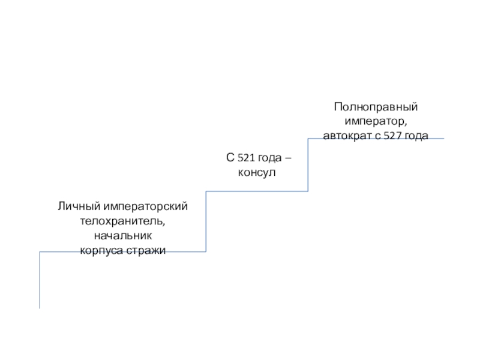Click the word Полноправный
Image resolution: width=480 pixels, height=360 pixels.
coord(376,107)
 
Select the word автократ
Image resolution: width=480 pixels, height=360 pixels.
coord(345,136)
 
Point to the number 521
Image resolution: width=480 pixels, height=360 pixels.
coord(247,158)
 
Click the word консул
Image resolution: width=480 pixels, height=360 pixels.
coord(256,173)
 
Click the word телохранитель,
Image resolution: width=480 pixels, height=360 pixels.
coord(123,221)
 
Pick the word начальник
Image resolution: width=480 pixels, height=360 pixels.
coord(123,235)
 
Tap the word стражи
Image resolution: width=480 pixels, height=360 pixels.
coord(146,250)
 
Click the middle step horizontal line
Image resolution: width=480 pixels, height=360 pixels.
coord(257,191)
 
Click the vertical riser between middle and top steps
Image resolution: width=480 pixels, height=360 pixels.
coord(308,165)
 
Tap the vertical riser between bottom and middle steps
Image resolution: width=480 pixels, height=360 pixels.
coord(206,221)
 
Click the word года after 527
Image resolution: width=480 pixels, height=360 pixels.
coord(416,136)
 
